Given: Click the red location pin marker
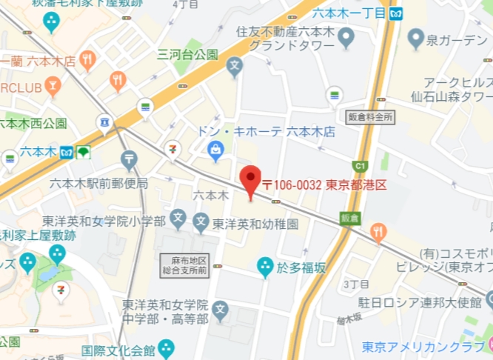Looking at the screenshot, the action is [251, 180].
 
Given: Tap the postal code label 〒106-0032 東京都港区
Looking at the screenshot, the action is [324, 185].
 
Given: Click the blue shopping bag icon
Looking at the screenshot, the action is [216, 151].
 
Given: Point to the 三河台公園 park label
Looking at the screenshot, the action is [187, 54].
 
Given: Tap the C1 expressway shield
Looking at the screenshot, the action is [360, 165].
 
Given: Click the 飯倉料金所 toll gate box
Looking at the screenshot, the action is [370, 116].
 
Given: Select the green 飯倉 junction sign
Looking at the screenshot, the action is [349, 218].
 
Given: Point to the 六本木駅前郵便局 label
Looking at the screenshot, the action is [99, 183].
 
